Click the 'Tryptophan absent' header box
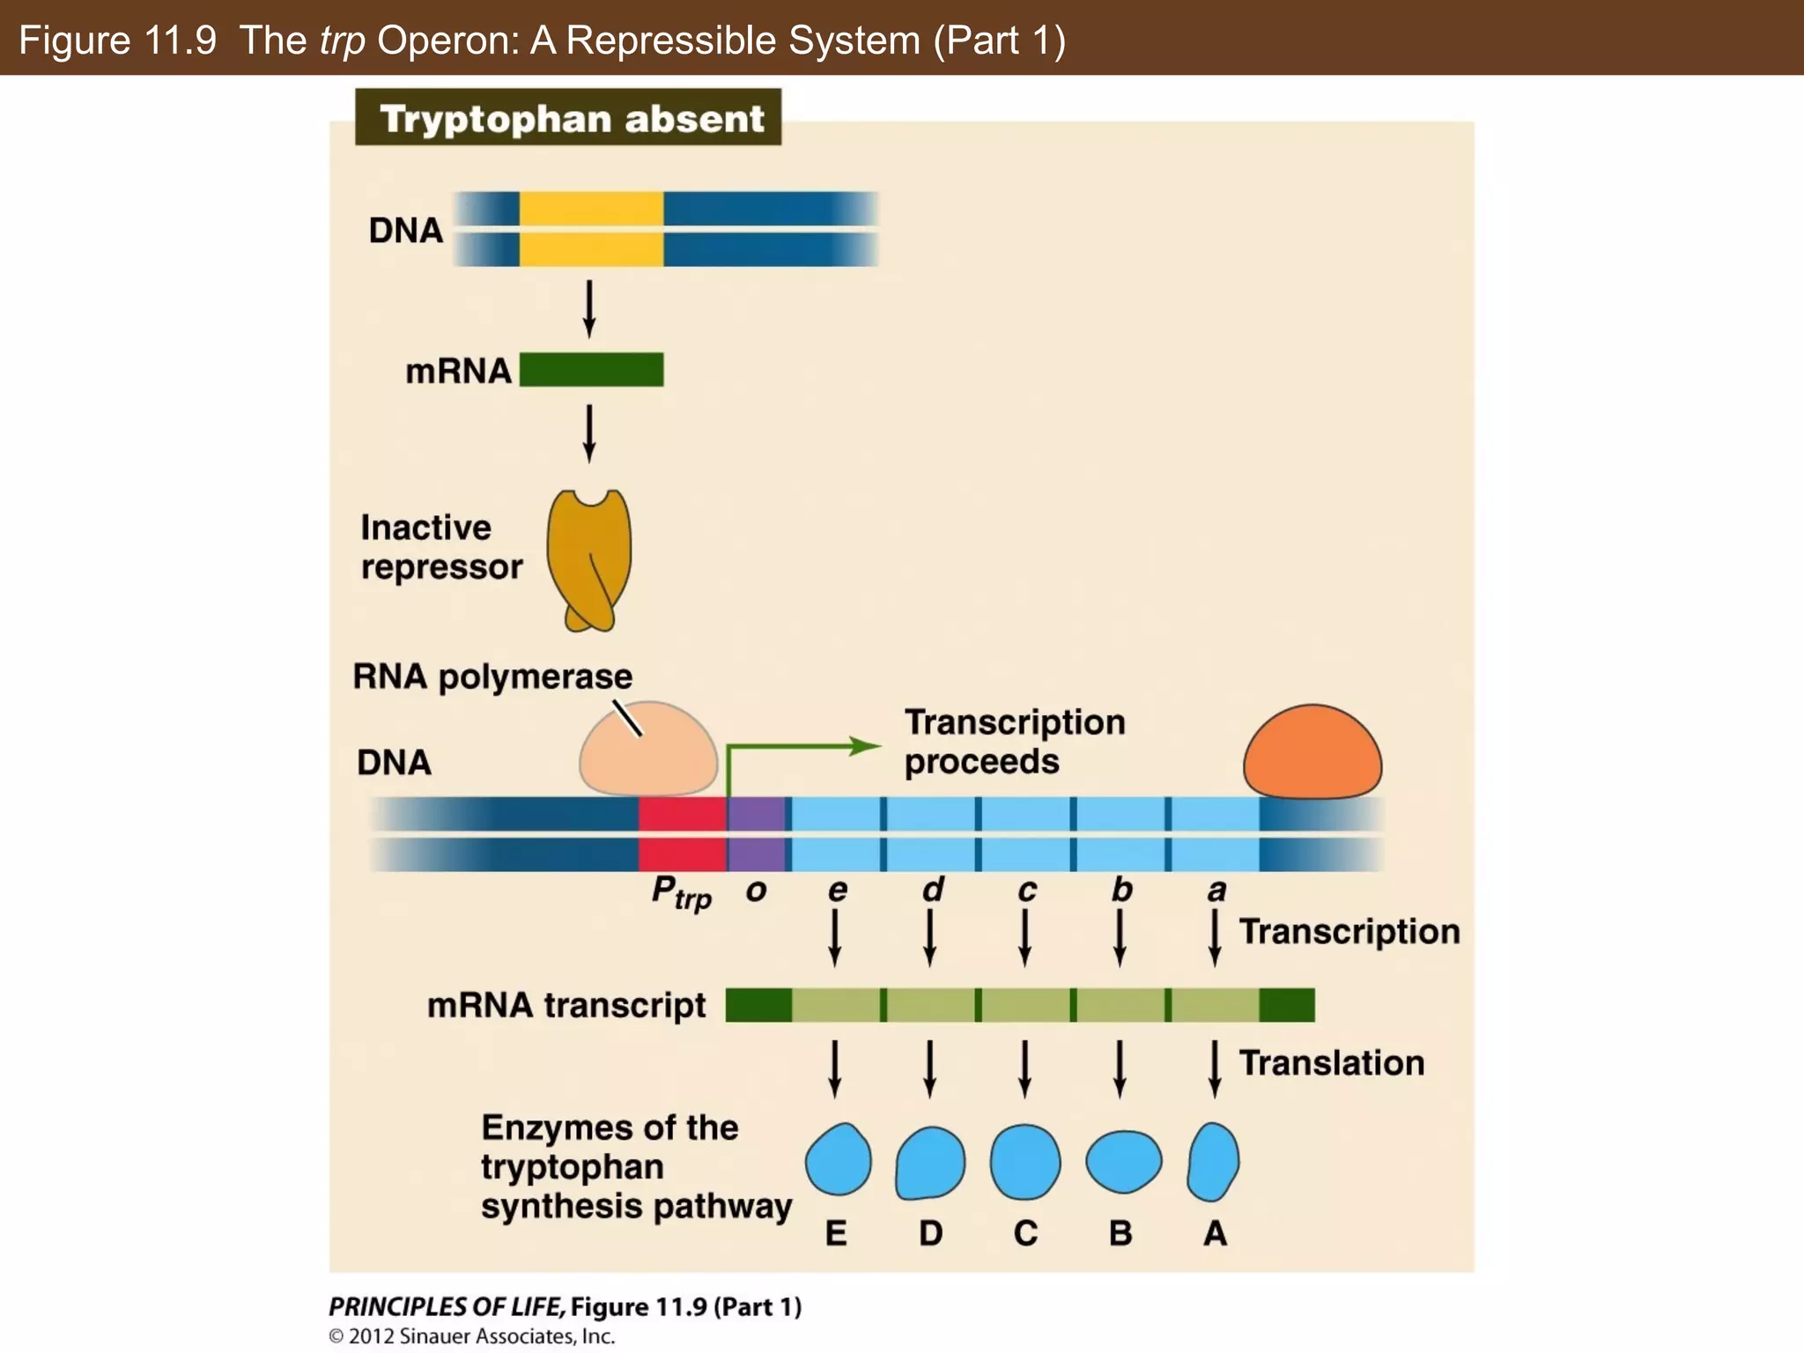pyautogui.click(x=568, y=117)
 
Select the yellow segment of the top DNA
pyautogui.click(x=591, y=228)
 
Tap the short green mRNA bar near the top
pyautogui.click(x=591, y=370)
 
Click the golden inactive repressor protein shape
pyautogui.click(x=588, y=555)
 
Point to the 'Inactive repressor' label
pyautogui.click(x=440, y=547)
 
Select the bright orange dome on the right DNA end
pyautogui.click(x=1312, y=753)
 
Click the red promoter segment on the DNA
pyautogui.click(x=682, y=833)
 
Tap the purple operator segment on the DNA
pyautogui.click(x=756, y=833)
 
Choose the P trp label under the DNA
pyautogui.click(x=681, y=891)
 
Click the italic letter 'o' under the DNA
pyautogui.click(x=756, y=891)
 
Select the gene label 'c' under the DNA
pyautogui.click(x=1026, y=891)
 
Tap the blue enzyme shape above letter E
pyautogui.click(x=838, y=1159)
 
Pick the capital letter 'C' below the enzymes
pyautogui.click(x=1025, y=1232)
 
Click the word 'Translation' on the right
pyautogui.click(x=1331, y=1063)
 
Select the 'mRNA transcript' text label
pyautogui.click(x=566, y=1005)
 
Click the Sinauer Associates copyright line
pyautogui.click(x=472, y=1336)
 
